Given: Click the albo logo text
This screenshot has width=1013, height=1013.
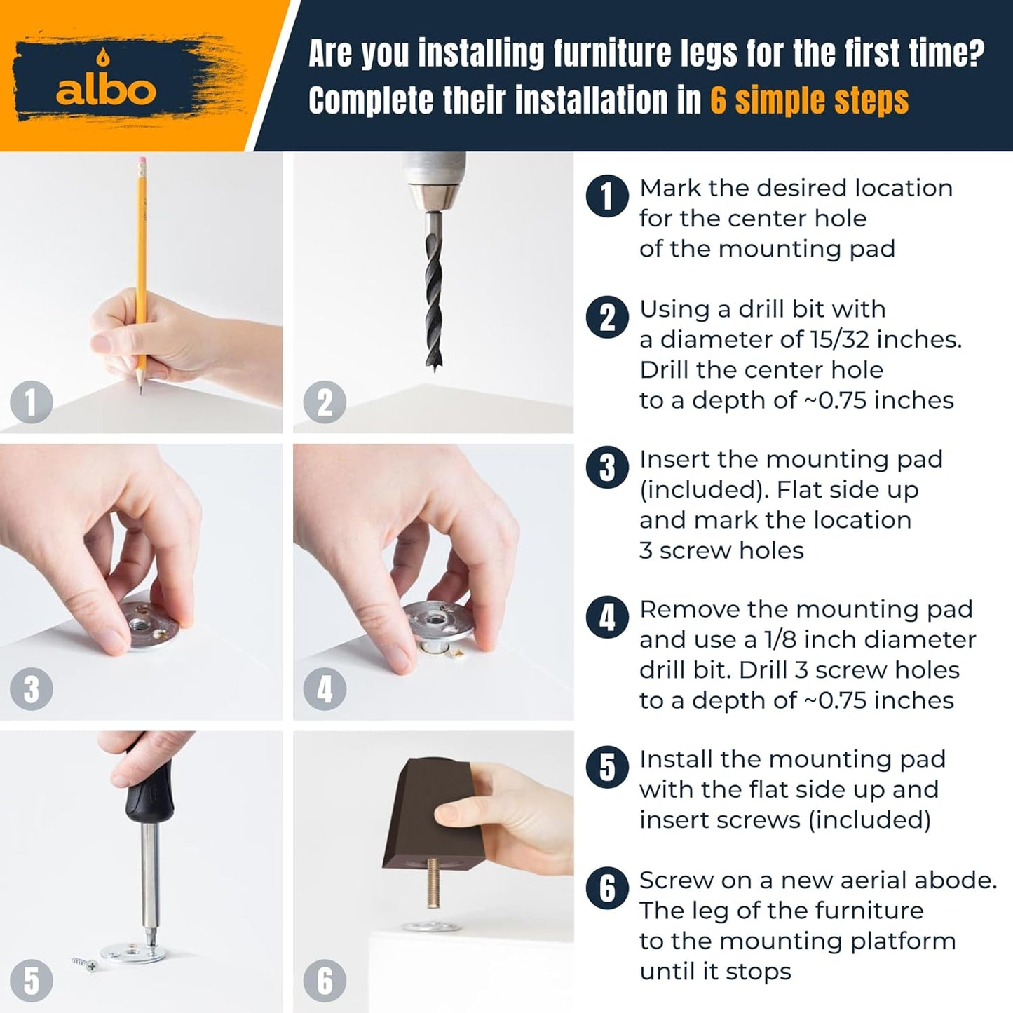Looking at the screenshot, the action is pos(106,91).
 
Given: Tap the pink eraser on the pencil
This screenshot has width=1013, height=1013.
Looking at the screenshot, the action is pos(142,161).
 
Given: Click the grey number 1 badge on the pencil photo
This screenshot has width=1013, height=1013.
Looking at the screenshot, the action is pos(31,402).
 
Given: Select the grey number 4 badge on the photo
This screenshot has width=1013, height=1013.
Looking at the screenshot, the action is pos(325,689).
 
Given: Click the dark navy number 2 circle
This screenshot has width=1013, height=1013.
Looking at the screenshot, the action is pos(607,318).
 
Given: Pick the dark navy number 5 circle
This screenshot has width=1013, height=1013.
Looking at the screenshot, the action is pos(607,767).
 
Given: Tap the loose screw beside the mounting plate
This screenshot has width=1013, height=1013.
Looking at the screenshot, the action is pos(85,963).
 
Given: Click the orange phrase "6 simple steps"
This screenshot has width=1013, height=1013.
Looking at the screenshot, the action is pos(809,100).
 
